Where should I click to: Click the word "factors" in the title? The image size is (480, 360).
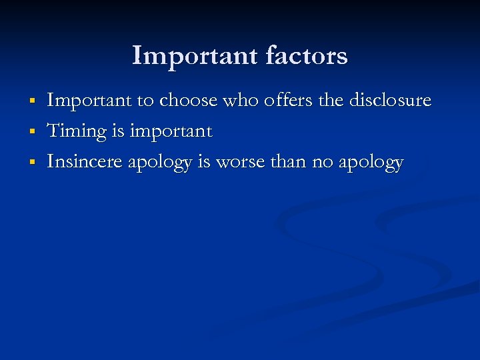coord(307,55)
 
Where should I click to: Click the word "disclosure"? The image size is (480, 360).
coord(393,101)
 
